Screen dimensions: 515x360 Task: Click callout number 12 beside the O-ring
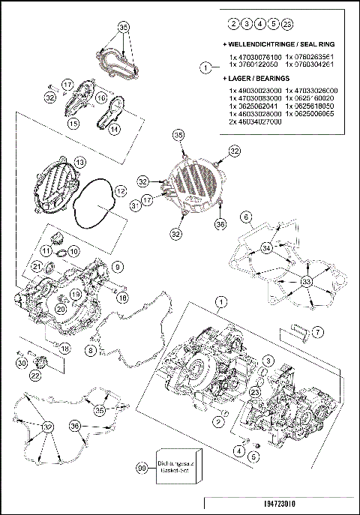[120, 192]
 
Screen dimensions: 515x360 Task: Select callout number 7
[317, 331]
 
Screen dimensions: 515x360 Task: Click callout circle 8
[90, 350]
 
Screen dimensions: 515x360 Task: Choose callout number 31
[135, 205]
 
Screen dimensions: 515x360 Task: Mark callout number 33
[306, 282]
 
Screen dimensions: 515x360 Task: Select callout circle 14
[115, 129]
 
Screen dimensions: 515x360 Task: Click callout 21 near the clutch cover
[36, 266]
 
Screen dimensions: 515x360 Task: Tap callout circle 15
[73, 122]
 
